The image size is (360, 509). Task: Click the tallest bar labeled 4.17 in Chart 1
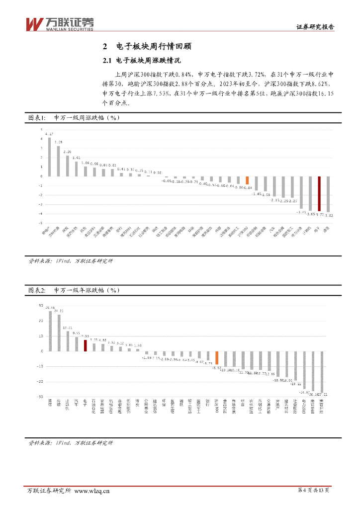pos(49,157)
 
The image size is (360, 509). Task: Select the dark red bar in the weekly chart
pos(319,194)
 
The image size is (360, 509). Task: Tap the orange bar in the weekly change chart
pos(247,180)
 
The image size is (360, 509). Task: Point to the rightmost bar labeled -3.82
pos(328,194)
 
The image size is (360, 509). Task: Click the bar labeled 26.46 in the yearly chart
pos(50,331)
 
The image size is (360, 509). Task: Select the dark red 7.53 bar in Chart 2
pos(85,345)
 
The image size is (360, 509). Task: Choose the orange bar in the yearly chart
pos(216,358)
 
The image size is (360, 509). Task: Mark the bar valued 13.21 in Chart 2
pos(68,341)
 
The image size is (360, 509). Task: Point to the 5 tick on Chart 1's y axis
pos(42,129)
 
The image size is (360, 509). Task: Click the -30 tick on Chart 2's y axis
pos(40,397)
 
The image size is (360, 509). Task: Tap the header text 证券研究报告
pos(315,28)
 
